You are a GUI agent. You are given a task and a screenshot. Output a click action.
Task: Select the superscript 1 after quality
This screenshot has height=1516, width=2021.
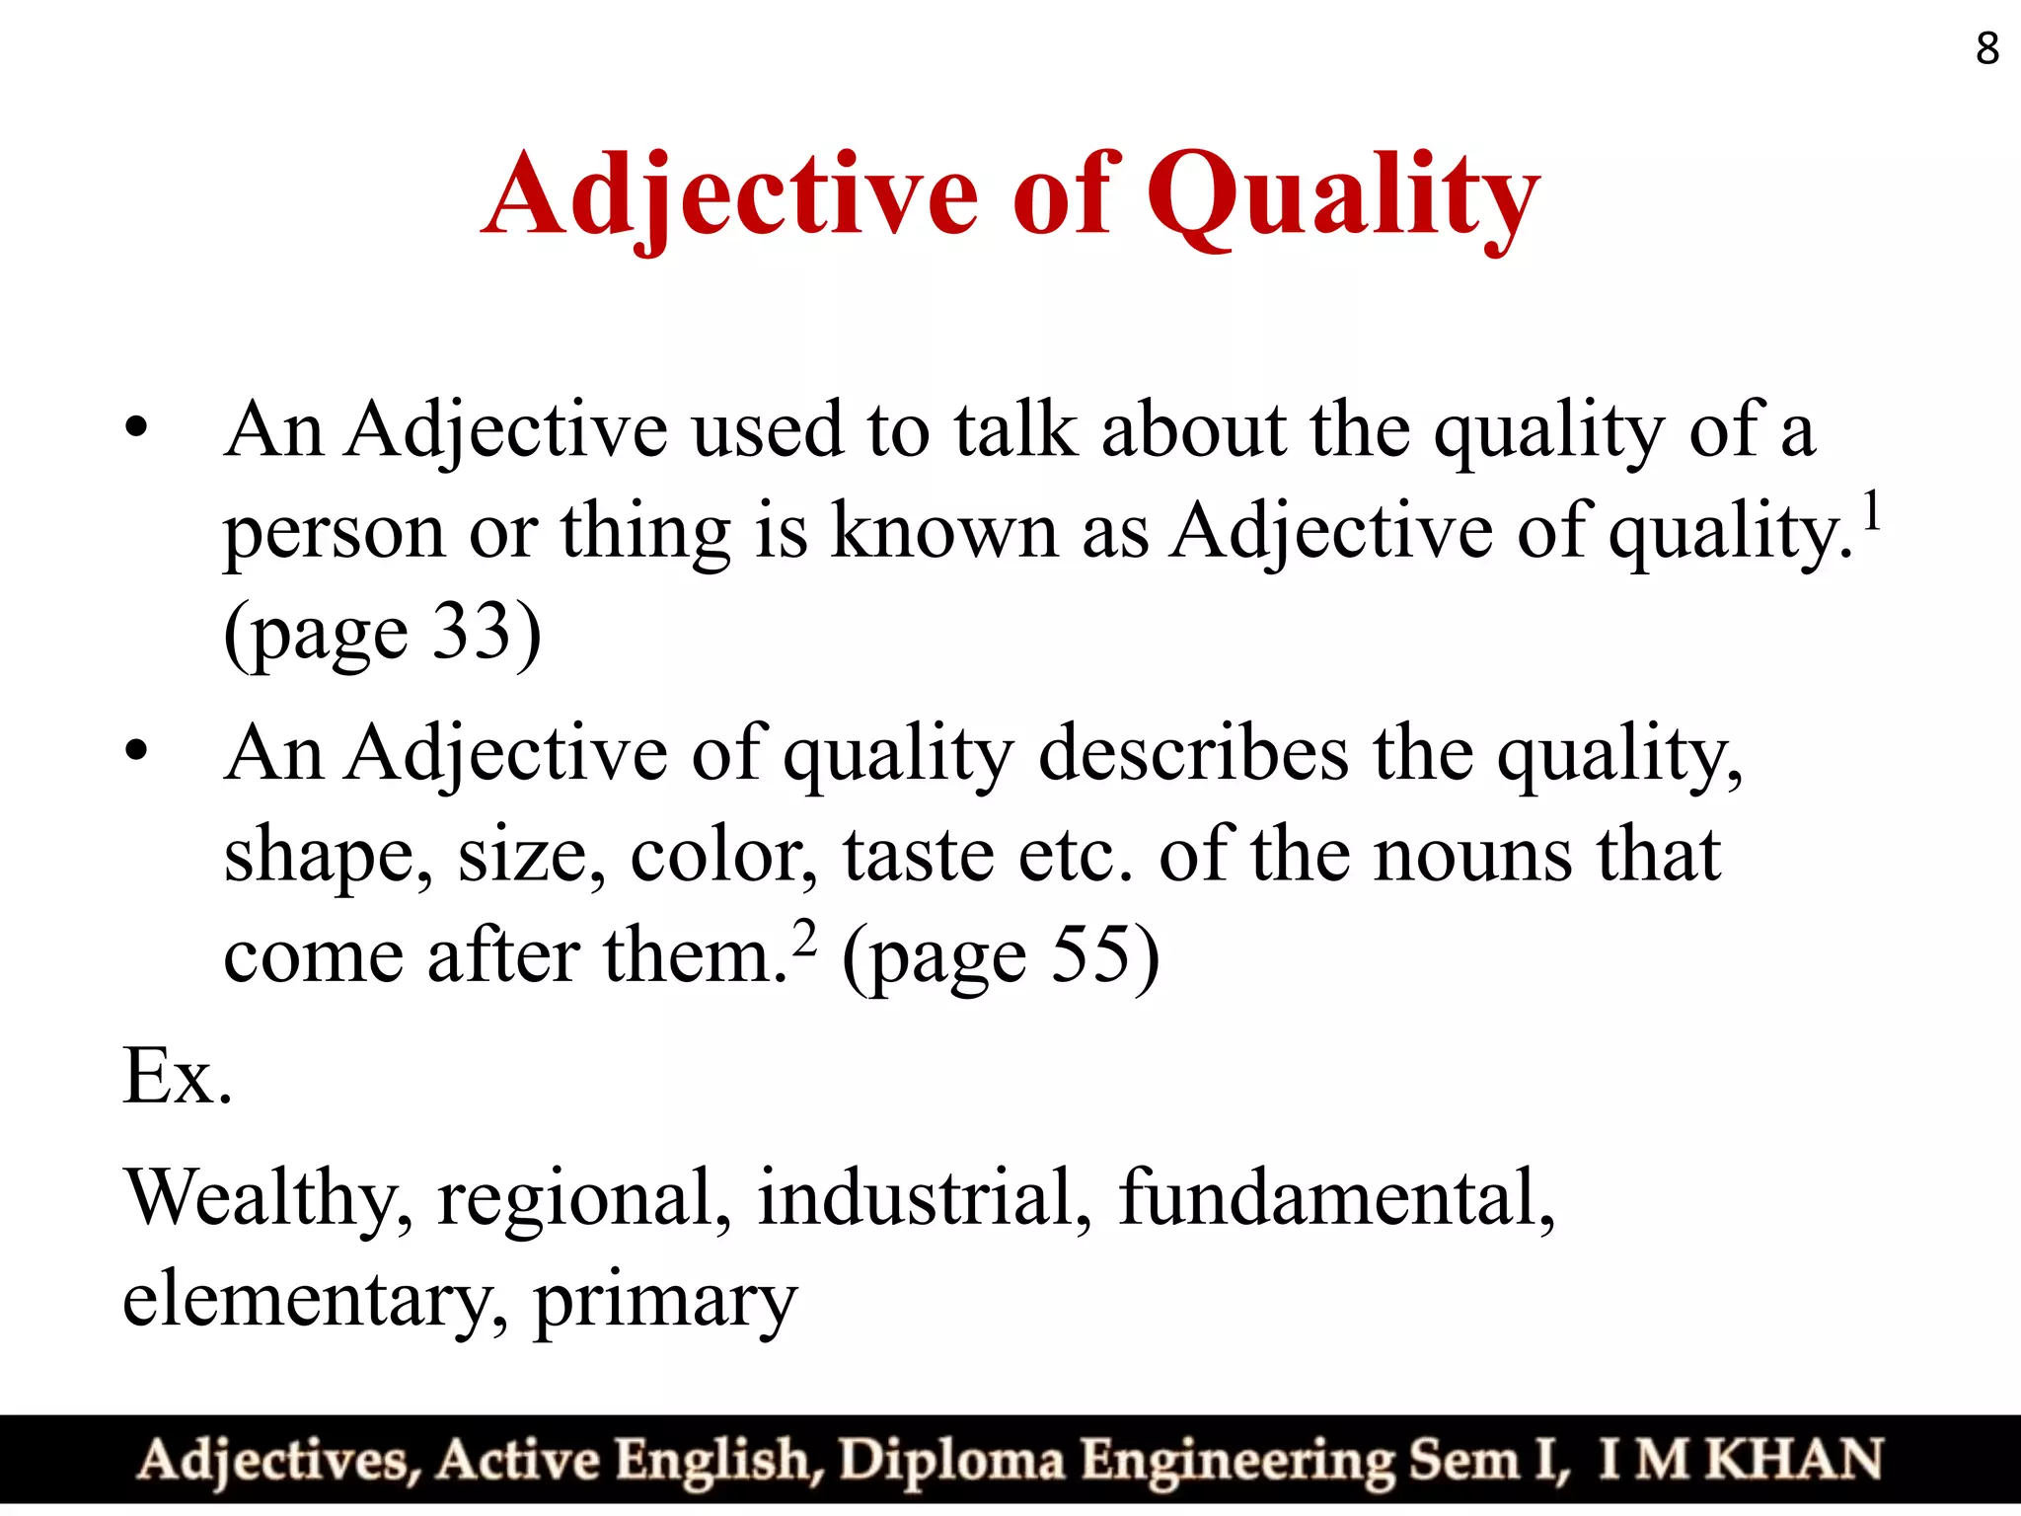tap(1871, 514)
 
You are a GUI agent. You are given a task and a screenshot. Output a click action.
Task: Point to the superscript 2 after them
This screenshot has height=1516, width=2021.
tap(805, 939)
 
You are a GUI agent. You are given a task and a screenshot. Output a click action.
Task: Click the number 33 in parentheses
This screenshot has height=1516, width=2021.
tap(473, 632)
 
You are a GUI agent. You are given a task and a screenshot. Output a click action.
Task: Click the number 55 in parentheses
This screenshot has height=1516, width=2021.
tap(1089, 955)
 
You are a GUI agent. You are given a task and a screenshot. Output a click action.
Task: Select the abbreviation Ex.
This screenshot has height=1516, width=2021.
tap(178, 1076)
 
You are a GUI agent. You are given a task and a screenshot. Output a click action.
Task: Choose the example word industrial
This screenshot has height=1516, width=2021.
tap(924, 1196)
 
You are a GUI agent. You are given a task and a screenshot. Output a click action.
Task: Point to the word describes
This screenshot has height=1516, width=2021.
tap(1193, 753)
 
